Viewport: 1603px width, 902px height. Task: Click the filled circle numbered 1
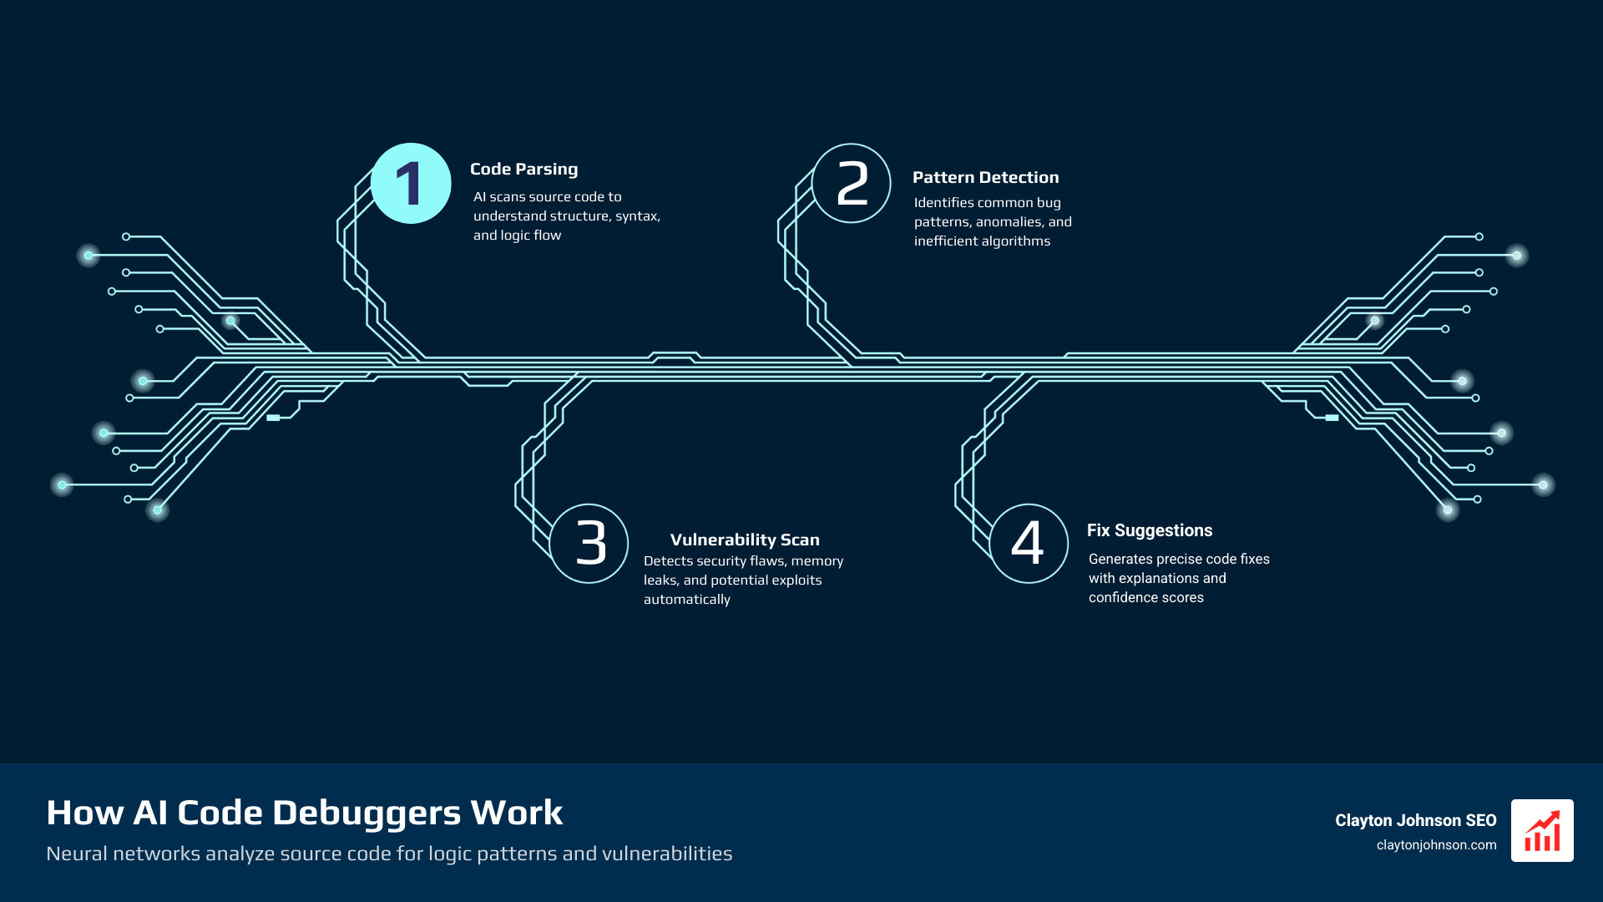(x=411, y=184)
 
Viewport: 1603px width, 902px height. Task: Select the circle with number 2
(x=852, y=184)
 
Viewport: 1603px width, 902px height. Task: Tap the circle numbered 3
(x=589, y=543)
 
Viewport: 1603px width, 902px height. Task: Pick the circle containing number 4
(x=1029, y=543)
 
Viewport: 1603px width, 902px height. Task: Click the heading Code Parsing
(x=523, y=170)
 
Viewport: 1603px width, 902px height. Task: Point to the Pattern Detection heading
(x=985, y=178)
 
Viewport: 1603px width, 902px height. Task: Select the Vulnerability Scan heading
(x=745, y=540)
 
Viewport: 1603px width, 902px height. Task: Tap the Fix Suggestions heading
(x=1150, y=531)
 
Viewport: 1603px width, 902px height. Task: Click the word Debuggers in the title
(x=367, y=813)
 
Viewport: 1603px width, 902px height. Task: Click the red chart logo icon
(x=1542, y=830)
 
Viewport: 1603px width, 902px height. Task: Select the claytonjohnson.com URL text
(x=1436, y=845)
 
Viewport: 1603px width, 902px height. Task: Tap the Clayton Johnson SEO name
(x=1415, y=821)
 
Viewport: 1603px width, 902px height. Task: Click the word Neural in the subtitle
(x=76, y=854)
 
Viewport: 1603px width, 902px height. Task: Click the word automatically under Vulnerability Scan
(x=686, y=600)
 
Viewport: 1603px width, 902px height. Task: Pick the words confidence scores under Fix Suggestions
(x=1145, y=598)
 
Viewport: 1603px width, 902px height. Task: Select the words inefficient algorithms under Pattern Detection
(x=982, y=241)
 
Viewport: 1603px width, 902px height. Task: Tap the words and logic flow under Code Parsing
(x=517, y=236)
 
